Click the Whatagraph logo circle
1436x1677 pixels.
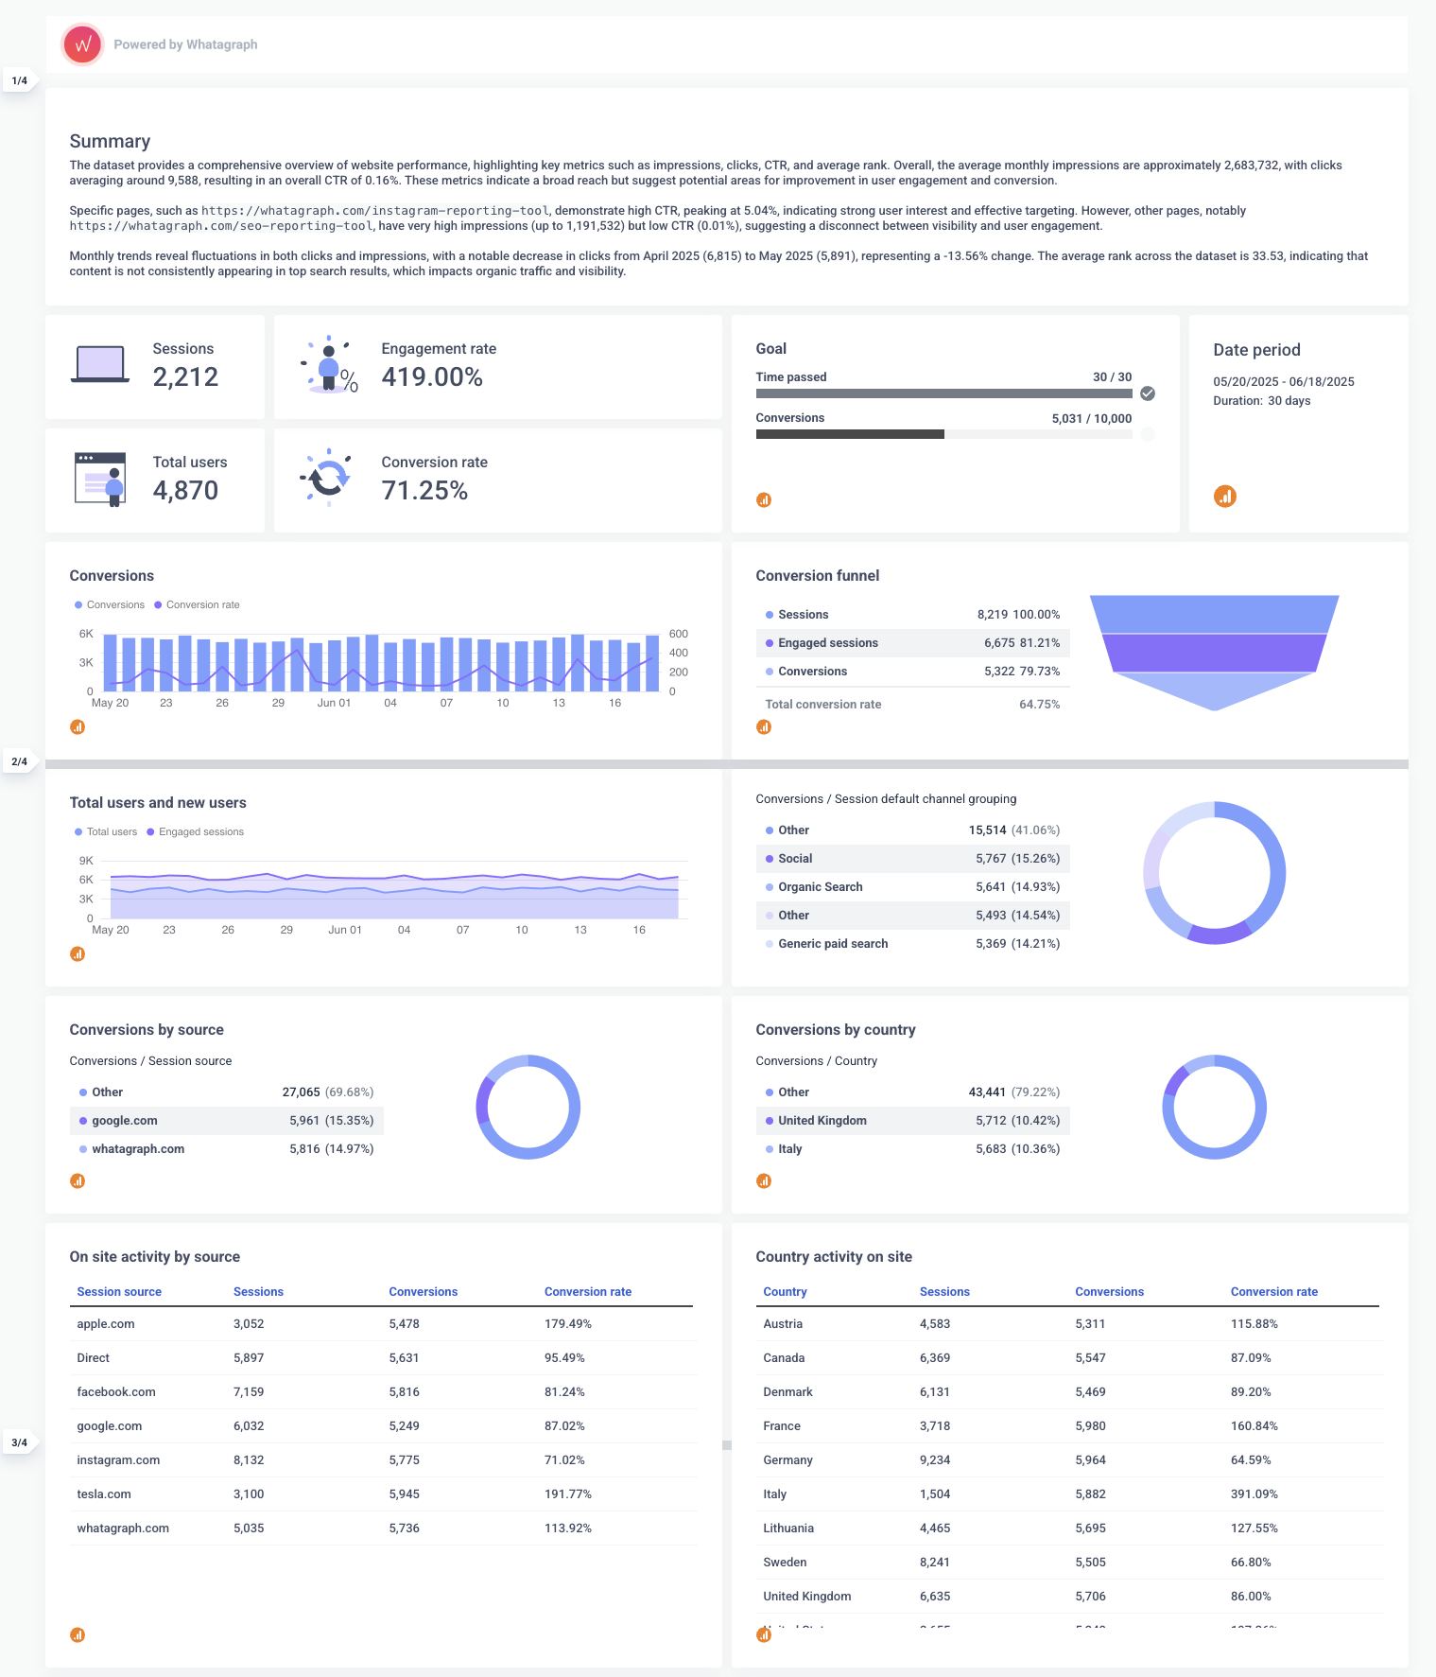(82, 44)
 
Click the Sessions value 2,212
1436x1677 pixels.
(185, 377)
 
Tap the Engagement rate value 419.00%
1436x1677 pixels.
(432, 377)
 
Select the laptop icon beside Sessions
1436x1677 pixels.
(100, 364)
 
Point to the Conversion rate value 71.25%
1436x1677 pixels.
(424, 491)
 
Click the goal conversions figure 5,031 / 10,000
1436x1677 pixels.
(1091, 418)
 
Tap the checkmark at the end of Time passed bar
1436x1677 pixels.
(1148, 393)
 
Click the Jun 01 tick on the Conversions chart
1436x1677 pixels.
(334, 703)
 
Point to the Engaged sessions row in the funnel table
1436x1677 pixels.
(827, 643)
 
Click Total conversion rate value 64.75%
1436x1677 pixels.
(1039, 705)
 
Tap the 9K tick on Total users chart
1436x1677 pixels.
(86, 861)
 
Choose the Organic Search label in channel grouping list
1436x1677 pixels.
(820, 887)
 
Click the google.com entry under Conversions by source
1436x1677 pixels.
(125, 1121)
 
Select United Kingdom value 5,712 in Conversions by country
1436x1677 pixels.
(991, 1121)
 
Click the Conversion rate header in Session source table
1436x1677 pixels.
(587, 1292)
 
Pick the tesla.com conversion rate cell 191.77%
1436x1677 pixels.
(567, 1494)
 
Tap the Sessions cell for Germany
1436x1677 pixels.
(934, 1460)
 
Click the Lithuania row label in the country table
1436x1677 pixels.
(787, 1529)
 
